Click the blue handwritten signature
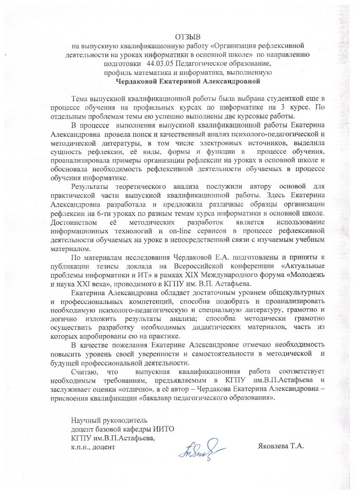pos(201,448)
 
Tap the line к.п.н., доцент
pos(93,446)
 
